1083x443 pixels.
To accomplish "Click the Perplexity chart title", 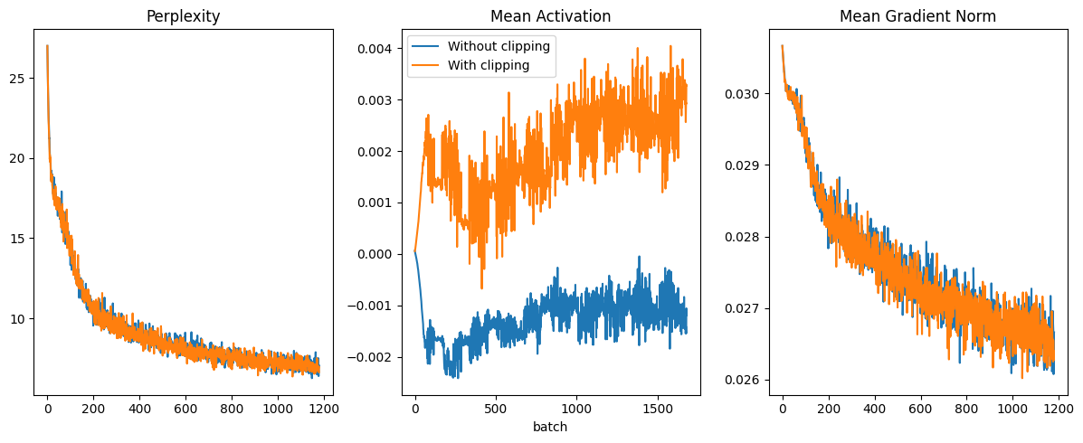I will [184, 16].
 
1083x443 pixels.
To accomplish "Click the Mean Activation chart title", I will [550, 16].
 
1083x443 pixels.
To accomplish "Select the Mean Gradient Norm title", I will [917, 16].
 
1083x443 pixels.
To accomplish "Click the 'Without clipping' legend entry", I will [499, 46].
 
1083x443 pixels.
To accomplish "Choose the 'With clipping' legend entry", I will [489, 65].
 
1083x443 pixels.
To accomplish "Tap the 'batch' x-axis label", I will [550, 427].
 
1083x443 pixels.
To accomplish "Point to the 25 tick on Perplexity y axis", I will [17, 79].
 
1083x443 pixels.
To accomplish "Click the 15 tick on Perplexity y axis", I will [17, 239].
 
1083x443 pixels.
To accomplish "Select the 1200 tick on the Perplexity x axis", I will [323, 409].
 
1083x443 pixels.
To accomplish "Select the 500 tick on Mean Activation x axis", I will [496, 409].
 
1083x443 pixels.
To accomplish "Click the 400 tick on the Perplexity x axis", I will [139, 409].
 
